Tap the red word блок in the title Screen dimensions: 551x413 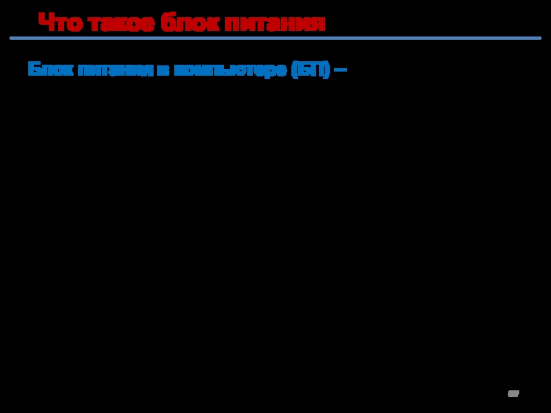188,24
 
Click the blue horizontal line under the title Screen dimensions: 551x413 275,39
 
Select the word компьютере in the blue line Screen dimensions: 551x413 230,70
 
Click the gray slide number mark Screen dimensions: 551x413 513,393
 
